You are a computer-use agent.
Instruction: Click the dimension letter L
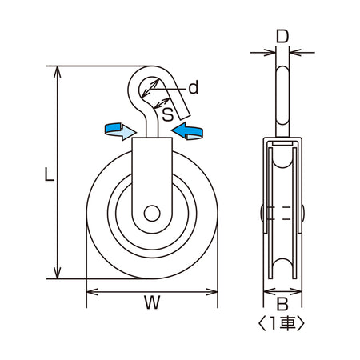pyautogui.click(x=50, y=174)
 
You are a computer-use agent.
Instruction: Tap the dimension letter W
pyautogui.click(x=152, y=302)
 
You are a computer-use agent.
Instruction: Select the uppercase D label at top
pyautogui.click(x=282, y=37)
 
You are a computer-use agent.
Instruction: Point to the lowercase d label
pyautogui.click(x=194, y=87)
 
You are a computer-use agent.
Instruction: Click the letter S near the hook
pyautogui.click(x=168, y=114)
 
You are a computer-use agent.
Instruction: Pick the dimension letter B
pyautogui.click(x=282, y=304)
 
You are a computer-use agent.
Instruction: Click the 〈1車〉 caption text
pyautogui.click(x=282, y=323)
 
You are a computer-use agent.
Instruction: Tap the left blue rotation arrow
pyautogui.click(x=121, y=131)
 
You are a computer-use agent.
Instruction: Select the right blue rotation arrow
pyautogui.click(x=187, y=131)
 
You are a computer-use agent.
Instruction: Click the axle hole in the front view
pyautogui.click(x=152, y=214)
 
